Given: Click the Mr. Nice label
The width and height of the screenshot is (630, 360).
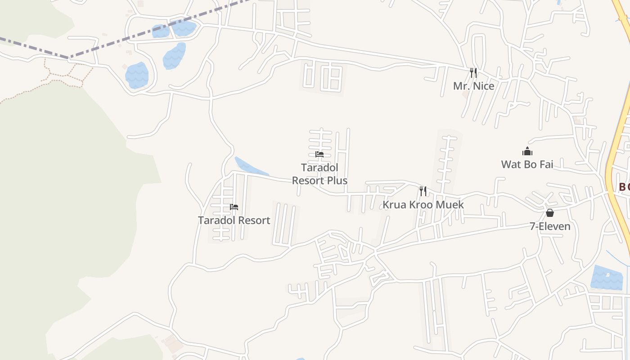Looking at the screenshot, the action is [x=473, y=86].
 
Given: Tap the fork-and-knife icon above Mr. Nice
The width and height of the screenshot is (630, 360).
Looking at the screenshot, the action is [x=473, y=72].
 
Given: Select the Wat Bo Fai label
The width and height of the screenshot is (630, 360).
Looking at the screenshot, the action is [x=527, y=164].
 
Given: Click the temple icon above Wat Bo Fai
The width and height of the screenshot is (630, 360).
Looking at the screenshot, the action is [x=527, y=151].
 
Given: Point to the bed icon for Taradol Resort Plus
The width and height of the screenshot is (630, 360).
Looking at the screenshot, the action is [x=319, y=154].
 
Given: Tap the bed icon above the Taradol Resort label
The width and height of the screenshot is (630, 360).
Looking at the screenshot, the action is [x=234, y=207].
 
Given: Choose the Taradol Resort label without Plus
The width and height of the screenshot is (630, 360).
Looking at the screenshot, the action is [x=234, y=220].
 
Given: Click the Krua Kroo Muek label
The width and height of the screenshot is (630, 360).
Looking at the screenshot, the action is [x=423, y=205].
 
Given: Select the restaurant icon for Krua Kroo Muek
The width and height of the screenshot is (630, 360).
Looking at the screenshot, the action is [x=423, y=191].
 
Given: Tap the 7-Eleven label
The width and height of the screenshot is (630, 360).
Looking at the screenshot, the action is [x=550, y=226].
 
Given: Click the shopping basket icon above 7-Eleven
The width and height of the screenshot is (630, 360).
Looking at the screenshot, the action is [x=550, y=213].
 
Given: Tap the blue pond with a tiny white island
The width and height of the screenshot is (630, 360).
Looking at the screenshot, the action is [x=607, y=277].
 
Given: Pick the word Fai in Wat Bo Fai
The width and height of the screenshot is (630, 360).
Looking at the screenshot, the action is [x=545, y=164].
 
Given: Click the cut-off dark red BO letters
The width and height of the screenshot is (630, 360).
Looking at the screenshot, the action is [x=624, y=187].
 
